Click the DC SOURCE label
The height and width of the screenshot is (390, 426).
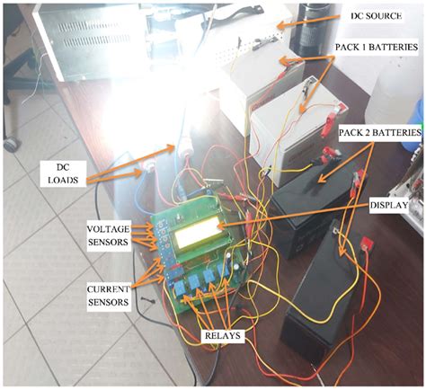376,15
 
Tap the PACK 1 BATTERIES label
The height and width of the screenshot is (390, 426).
376,47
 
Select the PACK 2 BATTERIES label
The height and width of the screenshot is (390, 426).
380,132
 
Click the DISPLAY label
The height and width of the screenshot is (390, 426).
389,205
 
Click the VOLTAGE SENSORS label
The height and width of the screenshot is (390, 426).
108,235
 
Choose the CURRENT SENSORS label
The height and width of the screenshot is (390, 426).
108,296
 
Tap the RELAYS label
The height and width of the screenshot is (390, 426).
222,335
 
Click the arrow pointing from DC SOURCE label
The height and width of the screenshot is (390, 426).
308,21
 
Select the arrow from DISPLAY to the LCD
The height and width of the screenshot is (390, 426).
293,217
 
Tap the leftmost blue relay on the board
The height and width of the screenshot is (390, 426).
180,288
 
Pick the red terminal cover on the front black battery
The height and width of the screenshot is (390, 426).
368,244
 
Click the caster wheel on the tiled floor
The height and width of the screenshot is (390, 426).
12,145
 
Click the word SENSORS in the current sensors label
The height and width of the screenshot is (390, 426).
108,302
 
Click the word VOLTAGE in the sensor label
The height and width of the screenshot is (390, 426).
108,229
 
